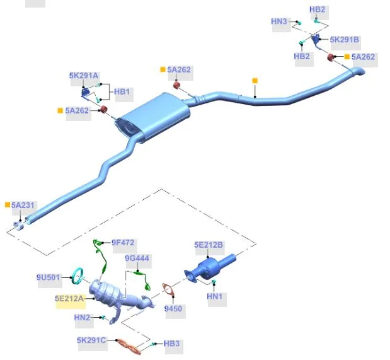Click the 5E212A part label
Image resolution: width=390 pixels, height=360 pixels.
click(x=69, y=298)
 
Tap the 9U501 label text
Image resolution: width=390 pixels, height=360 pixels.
click(x=49, y=277)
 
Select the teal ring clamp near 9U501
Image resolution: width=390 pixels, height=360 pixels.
click(x=77, y=276)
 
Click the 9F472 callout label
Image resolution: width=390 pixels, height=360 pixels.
click(x=123, y=243)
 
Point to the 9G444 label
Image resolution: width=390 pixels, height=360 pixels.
click(x=137, y=258)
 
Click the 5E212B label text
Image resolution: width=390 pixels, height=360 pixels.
click(x=209, y=245)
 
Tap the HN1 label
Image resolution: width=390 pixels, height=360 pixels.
click(x=214, y=296)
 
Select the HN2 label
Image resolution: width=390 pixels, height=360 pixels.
click(x=82, y=317)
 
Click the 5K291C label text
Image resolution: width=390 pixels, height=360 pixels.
click(x=91, y=340)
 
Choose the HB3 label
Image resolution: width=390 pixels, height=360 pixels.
click(x=171, y=344)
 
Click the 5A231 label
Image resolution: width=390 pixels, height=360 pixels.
click(x=23, y=205)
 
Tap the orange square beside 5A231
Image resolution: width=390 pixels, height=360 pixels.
click(x=8, y=205)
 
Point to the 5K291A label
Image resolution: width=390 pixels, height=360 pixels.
click(x=84, y=76)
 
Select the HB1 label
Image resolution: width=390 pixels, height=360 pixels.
click(x=122, y=92)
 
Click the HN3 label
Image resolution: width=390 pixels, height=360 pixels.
click(x=279, y=21)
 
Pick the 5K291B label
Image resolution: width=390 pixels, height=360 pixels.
click(x=344, y=40)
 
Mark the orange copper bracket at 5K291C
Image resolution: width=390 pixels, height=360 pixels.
click(x=129, y=346)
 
